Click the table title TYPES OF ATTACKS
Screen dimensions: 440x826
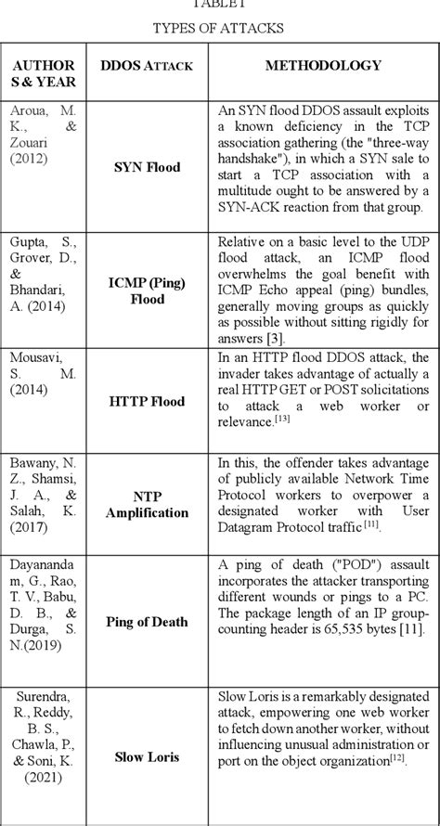click(x=219, y=28)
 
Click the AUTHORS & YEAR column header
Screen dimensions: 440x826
click(x=45, y=74)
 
